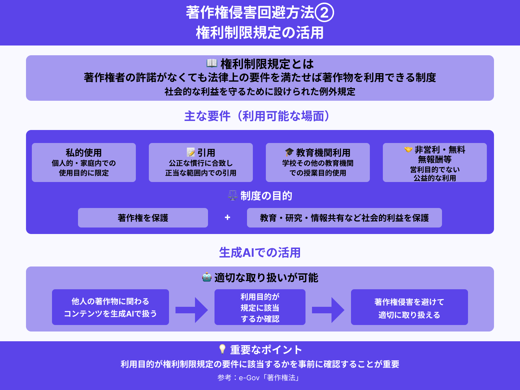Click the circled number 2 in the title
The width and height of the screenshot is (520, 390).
[x=324, y=13]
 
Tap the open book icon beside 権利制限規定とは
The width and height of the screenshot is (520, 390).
[x=212, y=63]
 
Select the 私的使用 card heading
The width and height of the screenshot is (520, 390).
[x=84, y=152]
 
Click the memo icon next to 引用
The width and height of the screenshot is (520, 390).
[x=191, y=152]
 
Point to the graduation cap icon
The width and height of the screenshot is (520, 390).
[x=289, y=152]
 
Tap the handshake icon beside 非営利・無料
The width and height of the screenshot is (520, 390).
[x=408, y=149]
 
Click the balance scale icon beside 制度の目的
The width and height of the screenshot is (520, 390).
[x=233, y=195]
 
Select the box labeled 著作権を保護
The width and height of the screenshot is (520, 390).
[x=143, y=218]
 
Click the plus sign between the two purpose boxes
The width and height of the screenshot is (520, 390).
[x=227, y=217]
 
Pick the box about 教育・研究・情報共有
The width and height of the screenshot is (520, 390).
[x=344, y=218]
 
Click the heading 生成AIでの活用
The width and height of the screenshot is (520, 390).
[x=260, y=253]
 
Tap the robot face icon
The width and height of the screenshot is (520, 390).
[x=207, y=277]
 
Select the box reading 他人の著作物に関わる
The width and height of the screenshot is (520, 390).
[x=110, y=307]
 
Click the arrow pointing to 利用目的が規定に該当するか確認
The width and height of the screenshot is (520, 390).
[x=192, y=310]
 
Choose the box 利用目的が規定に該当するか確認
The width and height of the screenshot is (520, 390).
[x=260, y=307]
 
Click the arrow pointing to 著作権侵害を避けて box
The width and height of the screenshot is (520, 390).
[x=328, y=310]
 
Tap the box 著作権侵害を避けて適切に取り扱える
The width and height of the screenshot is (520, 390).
[x=409, y=307]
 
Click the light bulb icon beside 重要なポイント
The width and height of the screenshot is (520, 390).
[x=222, y=349]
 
